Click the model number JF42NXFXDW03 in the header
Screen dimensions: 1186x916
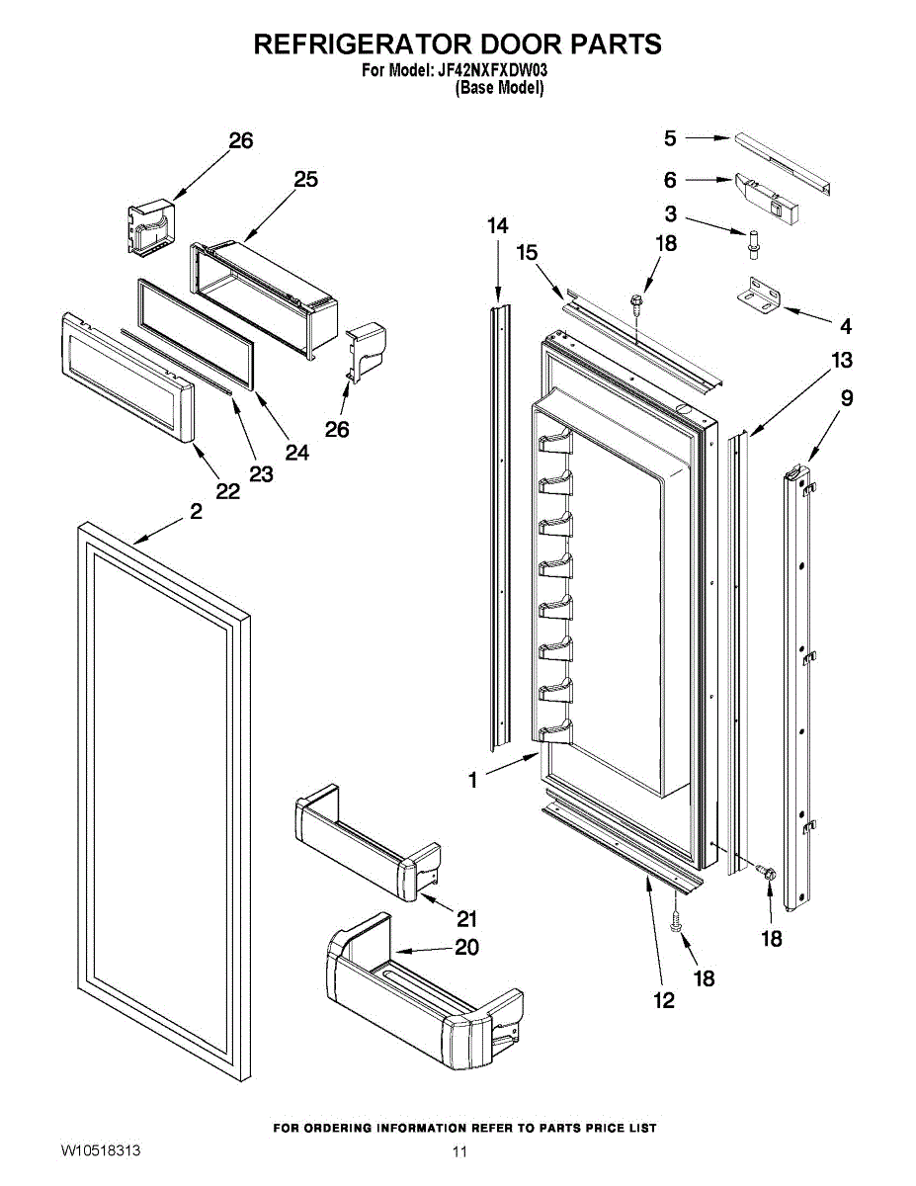coord(492,71)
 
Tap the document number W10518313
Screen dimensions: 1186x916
coord(100,1151)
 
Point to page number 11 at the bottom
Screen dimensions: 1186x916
coord(458,1152)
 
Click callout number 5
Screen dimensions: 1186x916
coord(670,138)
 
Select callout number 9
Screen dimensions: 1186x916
coord(847,398)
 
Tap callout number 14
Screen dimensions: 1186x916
coord(498,226)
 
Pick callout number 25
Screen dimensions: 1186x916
coord(305,179)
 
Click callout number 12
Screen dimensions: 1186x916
coord(664,1001)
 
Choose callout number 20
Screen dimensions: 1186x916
coord(466,947)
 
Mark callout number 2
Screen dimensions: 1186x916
coord(196,512)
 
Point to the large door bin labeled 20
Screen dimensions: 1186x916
coord(415,998)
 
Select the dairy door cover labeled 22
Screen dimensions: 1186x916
coord(124,380)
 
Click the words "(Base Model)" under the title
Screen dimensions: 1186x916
coord(499,88)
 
